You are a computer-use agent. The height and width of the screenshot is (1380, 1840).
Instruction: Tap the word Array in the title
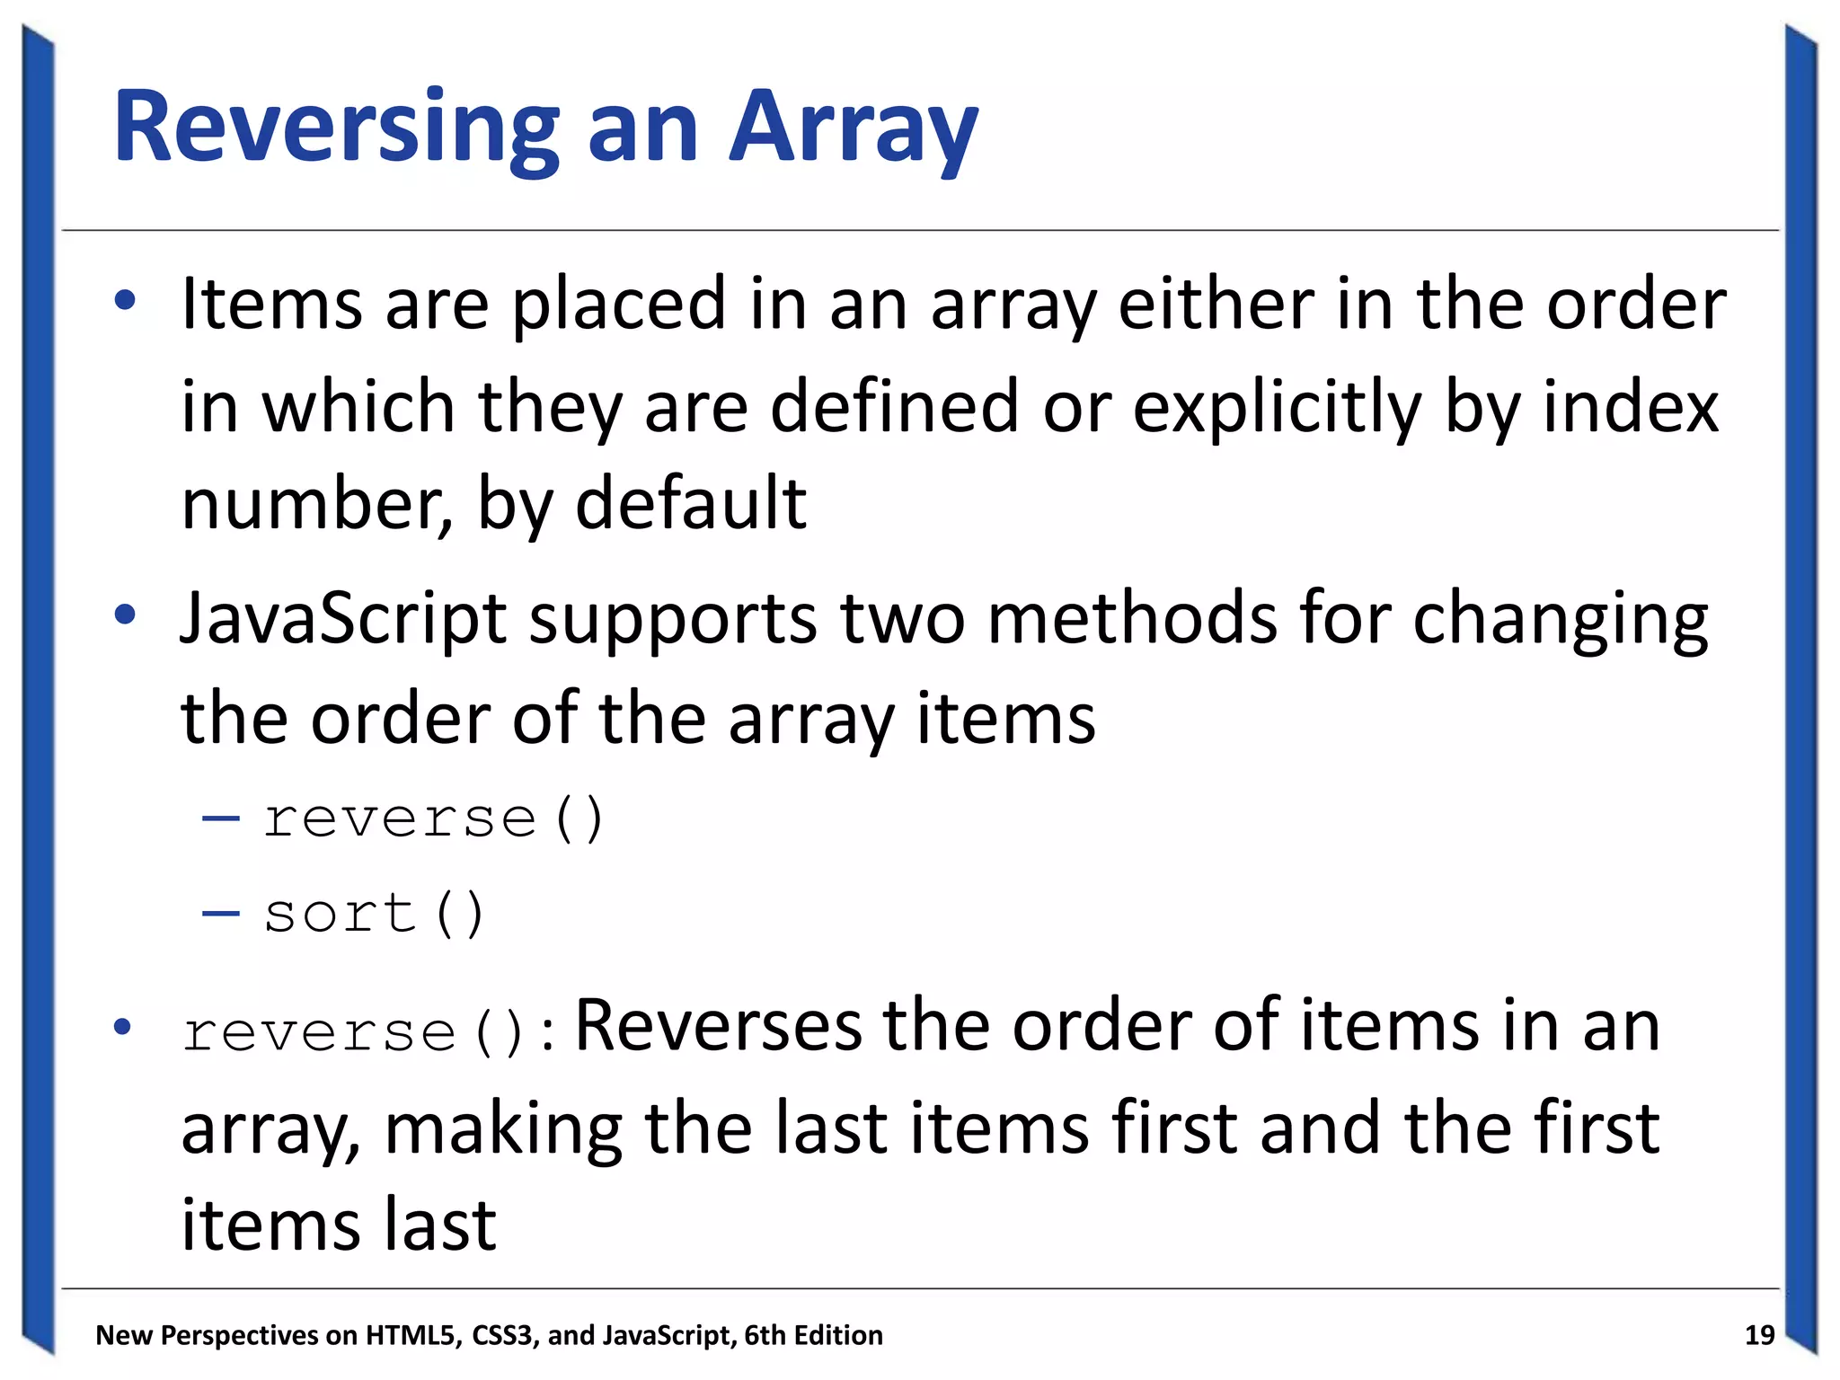pos(853,128)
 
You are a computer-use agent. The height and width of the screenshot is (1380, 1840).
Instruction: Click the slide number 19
pos(1758,1335)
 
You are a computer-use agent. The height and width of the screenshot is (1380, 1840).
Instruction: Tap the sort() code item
pos(374,914)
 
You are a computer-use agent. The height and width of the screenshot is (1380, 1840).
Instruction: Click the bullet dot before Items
pos(125,301)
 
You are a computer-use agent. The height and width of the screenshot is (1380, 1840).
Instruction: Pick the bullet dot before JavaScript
pos(125,615)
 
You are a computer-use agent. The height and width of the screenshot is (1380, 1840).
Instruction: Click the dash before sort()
pos(221,914)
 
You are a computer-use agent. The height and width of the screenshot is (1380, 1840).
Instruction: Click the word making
pos(503,1128)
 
